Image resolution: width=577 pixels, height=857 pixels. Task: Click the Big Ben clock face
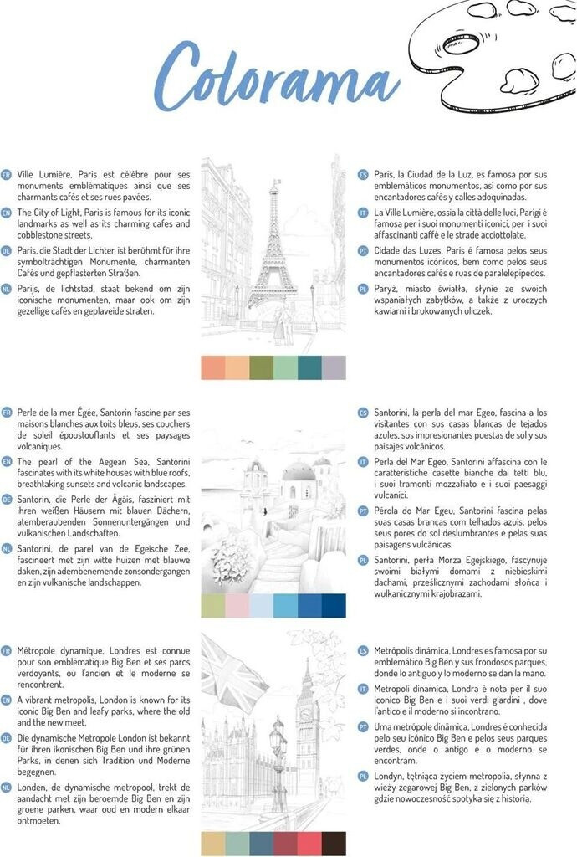pyautogui.click(x=306, y=714)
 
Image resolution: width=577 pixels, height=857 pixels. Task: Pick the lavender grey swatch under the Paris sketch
pyautogui.click(x=334, y=367)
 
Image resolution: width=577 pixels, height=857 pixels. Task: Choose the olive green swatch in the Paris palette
pyautogui.click(x=262, y=367)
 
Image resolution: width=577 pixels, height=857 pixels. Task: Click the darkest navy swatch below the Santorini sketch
pyautogui.click(x=334, y=605)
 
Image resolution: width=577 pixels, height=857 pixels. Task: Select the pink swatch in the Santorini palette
pyautogui.click(x=237, y=605)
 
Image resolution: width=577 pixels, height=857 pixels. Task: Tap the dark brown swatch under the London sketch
pyautogui.click(x=334, y=844)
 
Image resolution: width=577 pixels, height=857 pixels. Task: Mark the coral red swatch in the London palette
pyautogui.click(x=309, y=844)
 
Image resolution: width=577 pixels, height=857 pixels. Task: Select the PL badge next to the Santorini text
pyautogui.click(x=363, y=559)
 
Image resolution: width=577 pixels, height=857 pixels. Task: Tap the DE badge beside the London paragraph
pyautogui.click(x=7, y=738)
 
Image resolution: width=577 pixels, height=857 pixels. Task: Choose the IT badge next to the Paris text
pyautogui.click(x=363, y=213)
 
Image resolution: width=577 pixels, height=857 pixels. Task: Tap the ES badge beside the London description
pyautogui.click(x=363, y=650)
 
